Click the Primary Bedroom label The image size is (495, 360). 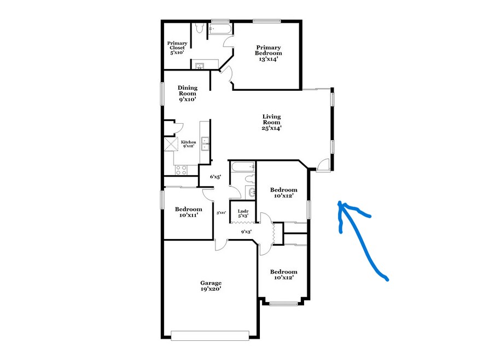(269, 54)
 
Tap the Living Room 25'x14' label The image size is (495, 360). (271, 122)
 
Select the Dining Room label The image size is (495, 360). (188, 94)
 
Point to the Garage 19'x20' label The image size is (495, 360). (211, 286)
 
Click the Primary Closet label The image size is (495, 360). (177, 48)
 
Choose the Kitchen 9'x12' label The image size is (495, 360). (189, 144)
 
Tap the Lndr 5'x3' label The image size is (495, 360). (243, 213)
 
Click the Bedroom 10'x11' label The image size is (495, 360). (189, 212)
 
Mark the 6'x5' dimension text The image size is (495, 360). (216, 177)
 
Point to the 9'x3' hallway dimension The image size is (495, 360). (246, 231)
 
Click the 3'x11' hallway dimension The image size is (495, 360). (221, 213)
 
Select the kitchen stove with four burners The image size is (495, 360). (182, 170)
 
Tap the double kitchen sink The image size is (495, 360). (205, 144)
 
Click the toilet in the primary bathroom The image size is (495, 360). (199, 28)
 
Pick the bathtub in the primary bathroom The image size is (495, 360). (220, 30)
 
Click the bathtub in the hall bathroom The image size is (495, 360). (242, 166)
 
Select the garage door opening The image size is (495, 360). (210, 335)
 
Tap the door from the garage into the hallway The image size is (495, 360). (221, 245)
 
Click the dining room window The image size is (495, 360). (162, 94)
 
